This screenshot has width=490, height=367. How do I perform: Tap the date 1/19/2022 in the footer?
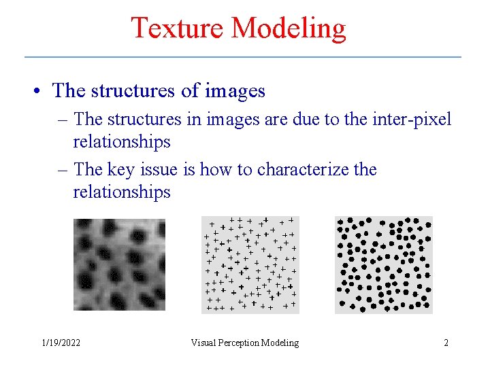coord(61,343)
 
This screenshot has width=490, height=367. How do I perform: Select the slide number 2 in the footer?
coord(446,343)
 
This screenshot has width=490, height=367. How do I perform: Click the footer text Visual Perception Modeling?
coord(244,343)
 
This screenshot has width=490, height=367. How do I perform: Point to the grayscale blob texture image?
coord(119,264)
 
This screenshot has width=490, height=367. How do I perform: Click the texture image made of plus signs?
coord(250,264)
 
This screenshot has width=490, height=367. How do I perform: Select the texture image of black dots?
coord(383,264)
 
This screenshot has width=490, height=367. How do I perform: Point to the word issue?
coord(163,169)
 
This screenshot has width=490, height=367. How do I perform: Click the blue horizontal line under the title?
coord(243,56)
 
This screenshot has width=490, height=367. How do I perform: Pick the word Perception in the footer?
coord(242,343)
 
